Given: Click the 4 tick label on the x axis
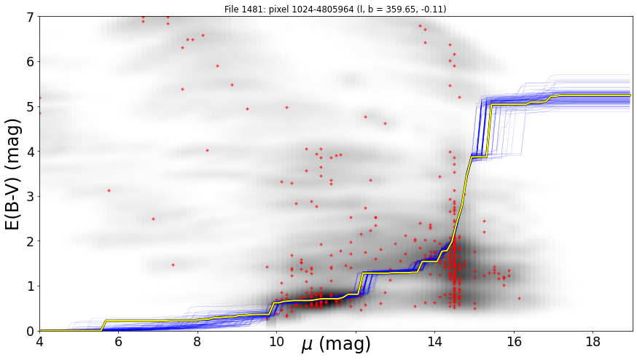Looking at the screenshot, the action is (x=39, y=341).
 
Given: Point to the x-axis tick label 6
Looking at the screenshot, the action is (x=118, y=341).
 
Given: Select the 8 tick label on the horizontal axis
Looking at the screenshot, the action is (x=198, y=341).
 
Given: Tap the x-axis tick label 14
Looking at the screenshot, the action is (x=434, y=341).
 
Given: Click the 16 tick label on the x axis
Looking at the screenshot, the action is (x=514, y=341).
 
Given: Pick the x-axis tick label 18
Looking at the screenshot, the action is (x=593, y=341).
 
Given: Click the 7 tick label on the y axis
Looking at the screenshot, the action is (x=31, y=17).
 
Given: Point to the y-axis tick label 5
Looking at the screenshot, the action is (x=31, y=107).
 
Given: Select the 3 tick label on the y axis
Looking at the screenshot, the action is (x=31, y=197).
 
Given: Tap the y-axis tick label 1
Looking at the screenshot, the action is (x=31, y=286).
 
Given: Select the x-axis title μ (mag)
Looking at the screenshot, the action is (x=336, y=345).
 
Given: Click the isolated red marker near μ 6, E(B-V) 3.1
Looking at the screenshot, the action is (x=109, y=190).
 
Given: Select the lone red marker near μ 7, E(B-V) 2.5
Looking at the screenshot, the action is (x=153, y=219).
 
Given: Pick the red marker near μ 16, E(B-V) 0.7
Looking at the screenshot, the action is (x=519, y=298).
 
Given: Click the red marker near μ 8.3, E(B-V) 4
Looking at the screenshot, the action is (x=207, y=150).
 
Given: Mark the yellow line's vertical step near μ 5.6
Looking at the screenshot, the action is (x=103, y=326).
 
